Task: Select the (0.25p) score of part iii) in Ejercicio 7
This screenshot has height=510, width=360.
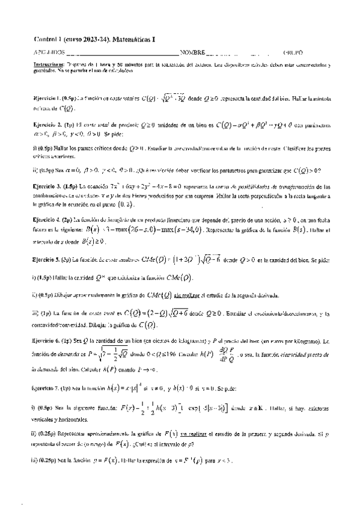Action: pos(49,460)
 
